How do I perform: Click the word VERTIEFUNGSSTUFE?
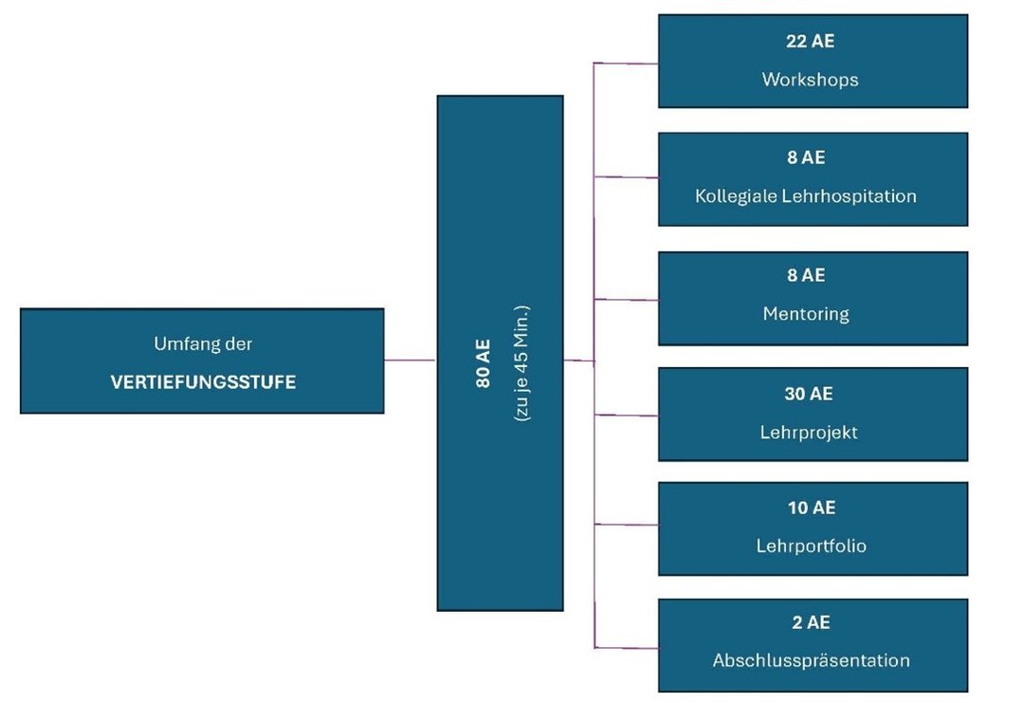point(202,382)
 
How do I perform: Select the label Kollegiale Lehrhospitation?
point(806,196)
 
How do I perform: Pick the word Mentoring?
point(806,313)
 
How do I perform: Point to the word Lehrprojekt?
point(810,432)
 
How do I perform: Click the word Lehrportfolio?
point(811,546)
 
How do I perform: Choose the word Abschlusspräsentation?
point(811,660)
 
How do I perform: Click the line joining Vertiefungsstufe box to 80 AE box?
point(410,361)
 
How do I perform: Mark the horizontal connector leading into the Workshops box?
point(626,64)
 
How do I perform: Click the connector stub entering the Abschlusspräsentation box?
point(626,648)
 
